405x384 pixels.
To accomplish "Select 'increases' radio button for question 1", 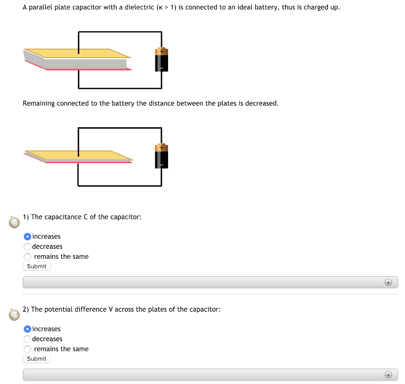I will click(x=27, y=237).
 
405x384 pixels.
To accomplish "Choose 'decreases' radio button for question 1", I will click(x=27, y=247).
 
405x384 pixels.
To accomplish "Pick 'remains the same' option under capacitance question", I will click(x=27, y=257).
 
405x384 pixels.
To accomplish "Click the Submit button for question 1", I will click(x=36, y=266).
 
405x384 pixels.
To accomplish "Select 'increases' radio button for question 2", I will click(x=27, y=329).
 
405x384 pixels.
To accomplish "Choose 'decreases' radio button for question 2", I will click(x=27, y=339).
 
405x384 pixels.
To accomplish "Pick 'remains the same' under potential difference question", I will click(x=27, y=349).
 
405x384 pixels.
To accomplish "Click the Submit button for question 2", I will click(x=36, y=359).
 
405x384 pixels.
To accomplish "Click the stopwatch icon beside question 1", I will click(x=14, y=222).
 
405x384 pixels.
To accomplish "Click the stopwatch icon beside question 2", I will click(x=14, y=315).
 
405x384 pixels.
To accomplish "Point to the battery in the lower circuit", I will click(x=161, y=156).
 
